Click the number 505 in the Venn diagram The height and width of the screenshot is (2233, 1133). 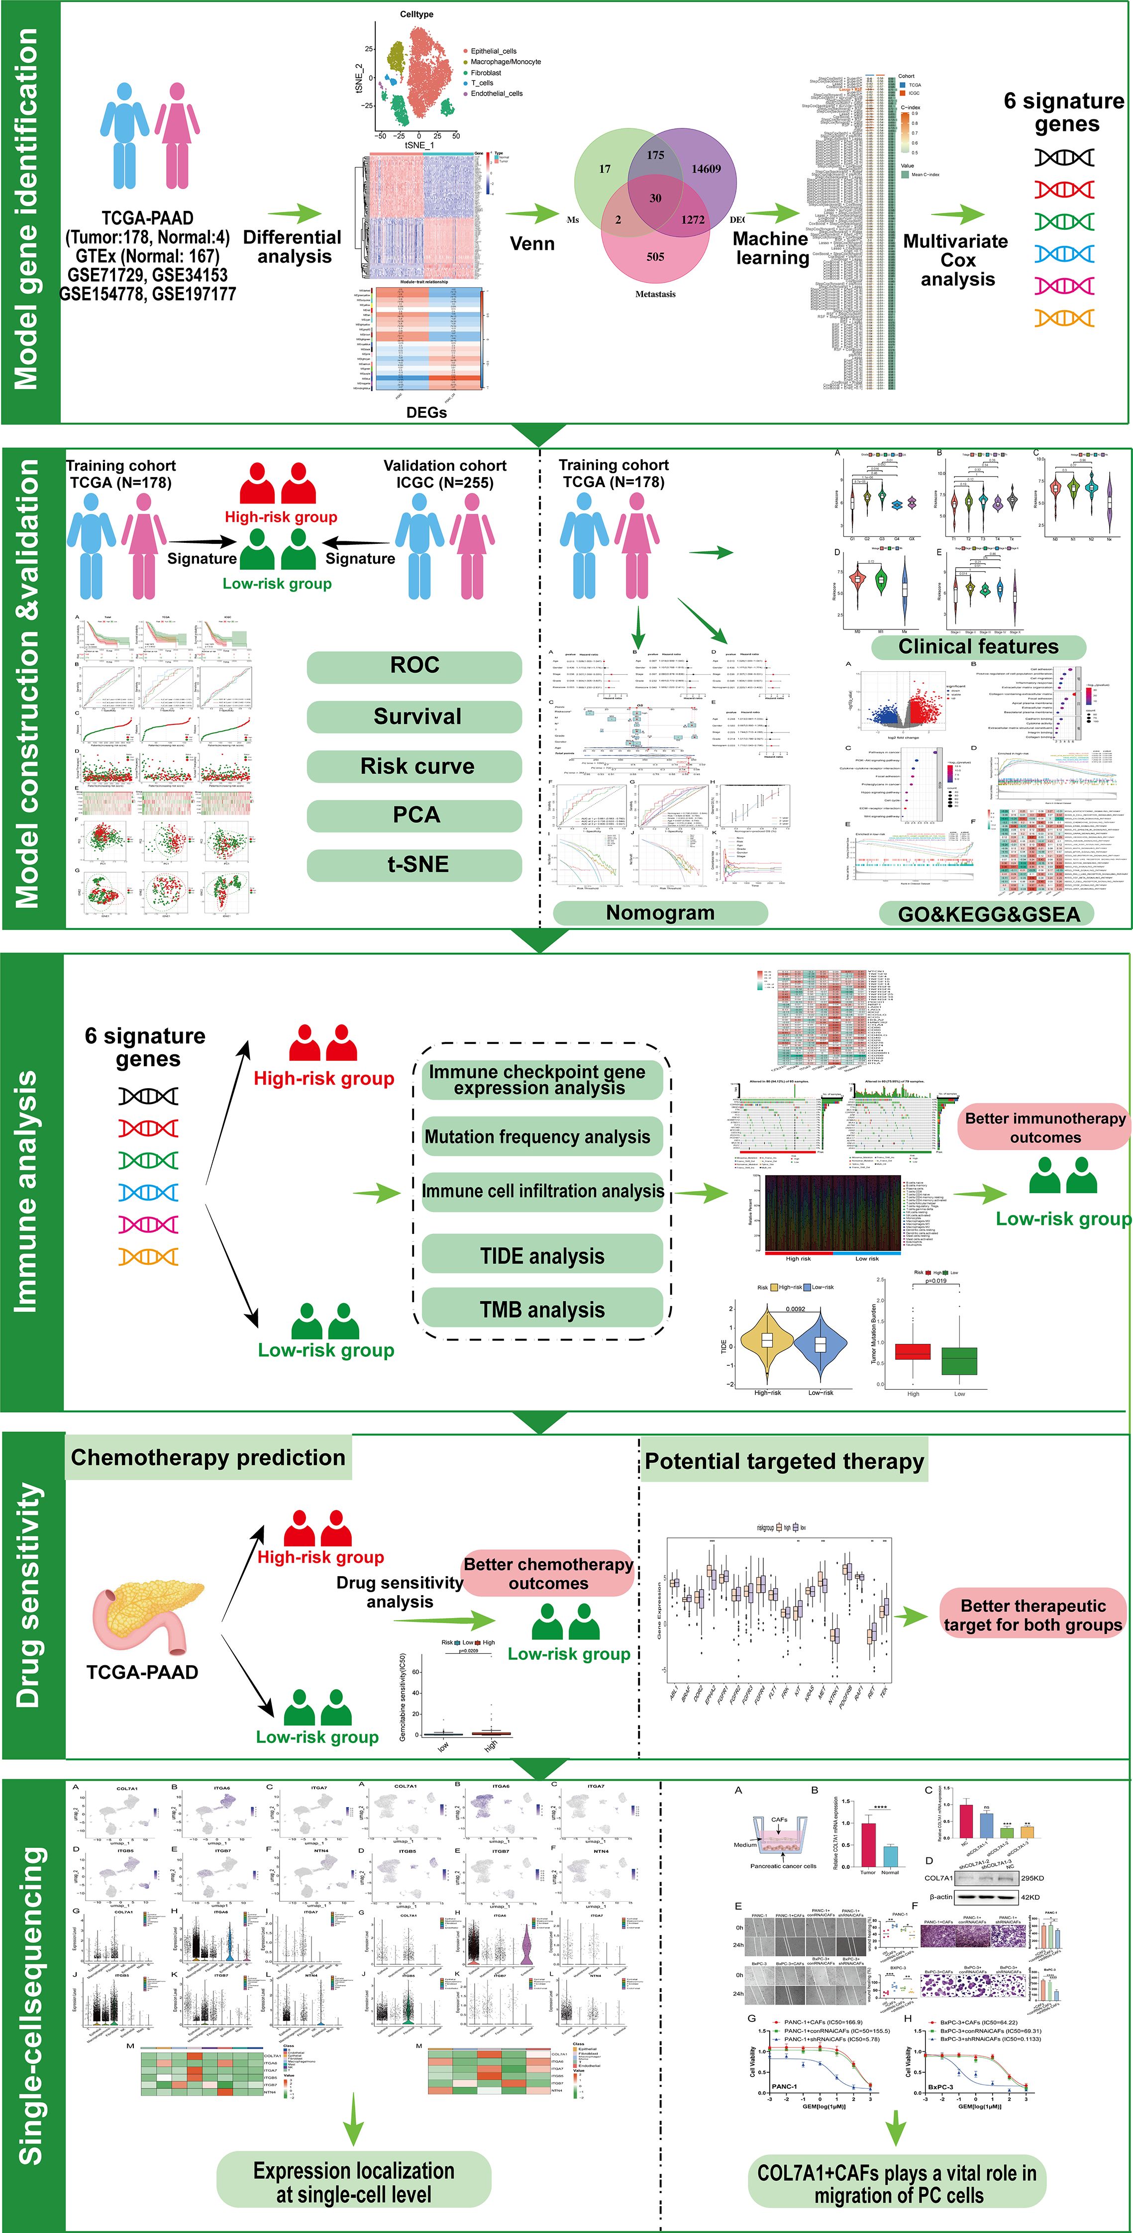(655, 257)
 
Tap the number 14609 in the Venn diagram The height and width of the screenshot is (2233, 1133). (706, 169)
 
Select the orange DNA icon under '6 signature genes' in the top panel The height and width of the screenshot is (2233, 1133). (1064, 318)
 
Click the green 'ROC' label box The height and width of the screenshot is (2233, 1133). (414, 666)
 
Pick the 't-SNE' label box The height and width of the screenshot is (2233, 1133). (414, 864)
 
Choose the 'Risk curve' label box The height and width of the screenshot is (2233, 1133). (414, 766)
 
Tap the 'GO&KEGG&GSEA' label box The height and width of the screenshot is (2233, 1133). (988, 913)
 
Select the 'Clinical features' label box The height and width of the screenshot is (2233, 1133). (978, 647)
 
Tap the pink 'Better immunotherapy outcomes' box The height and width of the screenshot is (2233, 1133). (1044, 1128)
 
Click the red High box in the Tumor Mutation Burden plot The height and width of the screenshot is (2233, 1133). (913, 1351)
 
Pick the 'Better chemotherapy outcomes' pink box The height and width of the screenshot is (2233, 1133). (548, 1573)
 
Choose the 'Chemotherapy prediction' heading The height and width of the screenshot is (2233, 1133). (208, 1457)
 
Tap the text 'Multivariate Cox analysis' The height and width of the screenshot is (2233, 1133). (955, 260)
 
